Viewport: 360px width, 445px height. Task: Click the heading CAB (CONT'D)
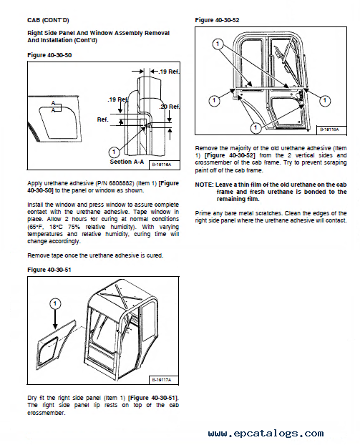click(48, 20)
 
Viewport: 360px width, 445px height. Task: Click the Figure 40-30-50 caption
click(49, 55)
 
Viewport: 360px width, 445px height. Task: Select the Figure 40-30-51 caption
click(49, 270)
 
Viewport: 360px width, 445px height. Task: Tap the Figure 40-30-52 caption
click(217, 20)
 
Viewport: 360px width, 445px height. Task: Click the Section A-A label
click(127, 162)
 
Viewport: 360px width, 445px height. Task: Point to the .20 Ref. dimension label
click(170, 107)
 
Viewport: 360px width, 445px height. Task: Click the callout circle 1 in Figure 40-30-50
click(114, 152)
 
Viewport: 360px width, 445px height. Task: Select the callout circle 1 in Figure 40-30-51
click(55, 304)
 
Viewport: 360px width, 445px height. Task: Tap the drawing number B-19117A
click(162, 380)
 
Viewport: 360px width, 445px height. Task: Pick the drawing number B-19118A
click(329, 129)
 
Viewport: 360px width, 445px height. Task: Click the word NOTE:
click(204, 185)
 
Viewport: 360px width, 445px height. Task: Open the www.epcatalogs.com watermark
click(266, 434)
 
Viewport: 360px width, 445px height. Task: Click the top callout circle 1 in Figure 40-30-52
click(218, 44)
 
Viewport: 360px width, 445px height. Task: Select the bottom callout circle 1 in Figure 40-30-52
click(256, 127)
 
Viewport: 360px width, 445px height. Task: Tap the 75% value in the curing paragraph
click(75, 227)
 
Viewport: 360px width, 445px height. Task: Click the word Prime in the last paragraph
click(202, 213)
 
